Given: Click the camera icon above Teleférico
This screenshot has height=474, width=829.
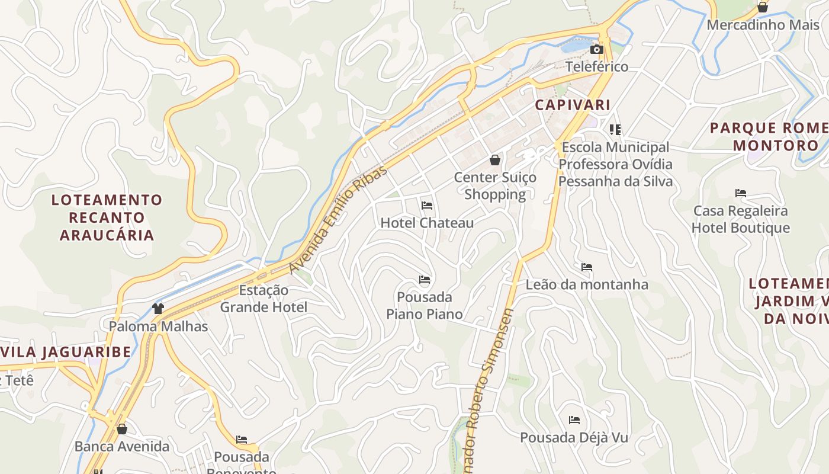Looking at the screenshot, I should (x=597, y=50).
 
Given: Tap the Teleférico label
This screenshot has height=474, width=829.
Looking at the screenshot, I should (x=597, y=66).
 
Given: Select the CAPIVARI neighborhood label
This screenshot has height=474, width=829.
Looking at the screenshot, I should (x=573, y=105).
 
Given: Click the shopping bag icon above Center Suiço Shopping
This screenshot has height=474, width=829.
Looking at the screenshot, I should (x=495, y=160).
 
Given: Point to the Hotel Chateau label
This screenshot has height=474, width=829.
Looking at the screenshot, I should (x=427, y=223).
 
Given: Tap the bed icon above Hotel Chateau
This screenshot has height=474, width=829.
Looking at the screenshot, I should (x=427, y=206).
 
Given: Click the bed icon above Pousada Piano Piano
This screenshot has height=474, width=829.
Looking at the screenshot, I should (x=425, y=279).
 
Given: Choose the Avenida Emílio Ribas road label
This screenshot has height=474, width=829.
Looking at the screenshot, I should (x=338, y=220).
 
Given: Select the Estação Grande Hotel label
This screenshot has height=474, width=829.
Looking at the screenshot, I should (x=264, y=299).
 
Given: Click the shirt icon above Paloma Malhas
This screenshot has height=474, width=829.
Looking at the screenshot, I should (x=158, y=308).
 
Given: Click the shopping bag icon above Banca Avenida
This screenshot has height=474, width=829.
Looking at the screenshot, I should (x=122, y=429).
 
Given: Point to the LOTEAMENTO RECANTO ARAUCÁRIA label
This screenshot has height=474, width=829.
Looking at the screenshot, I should (x=107, y=217).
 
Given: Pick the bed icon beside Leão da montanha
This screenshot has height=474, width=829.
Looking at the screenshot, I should (x=587, y=267).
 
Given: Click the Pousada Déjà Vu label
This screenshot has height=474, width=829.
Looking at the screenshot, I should (x=574, y=437).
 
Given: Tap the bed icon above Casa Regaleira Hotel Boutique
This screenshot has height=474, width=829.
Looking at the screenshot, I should (x=741, y=193).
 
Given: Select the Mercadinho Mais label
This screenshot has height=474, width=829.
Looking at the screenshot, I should (x=763, y=25).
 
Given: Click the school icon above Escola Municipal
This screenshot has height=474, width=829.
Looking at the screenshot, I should (x=615, y=129).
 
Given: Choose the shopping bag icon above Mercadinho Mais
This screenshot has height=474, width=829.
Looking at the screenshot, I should (x=763, y=7).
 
